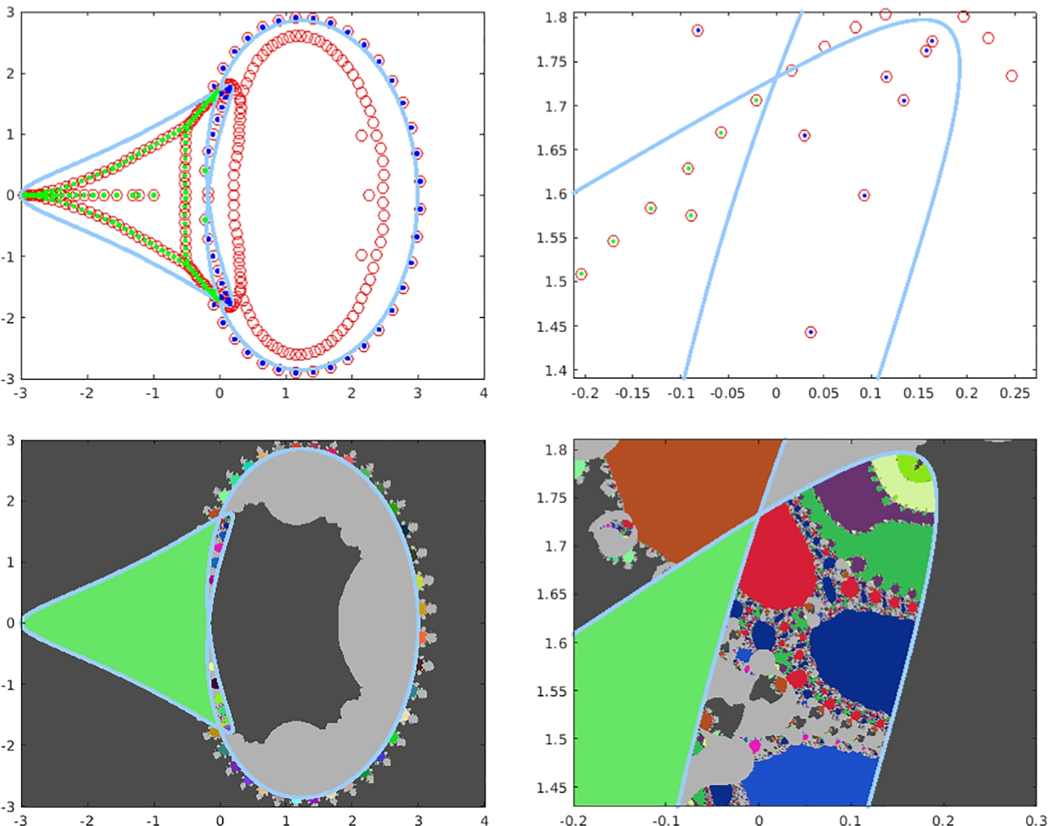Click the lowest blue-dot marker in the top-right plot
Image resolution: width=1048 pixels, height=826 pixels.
click(810, 332)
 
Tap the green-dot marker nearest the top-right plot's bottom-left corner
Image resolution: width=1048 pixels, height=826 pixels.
click(582, 274)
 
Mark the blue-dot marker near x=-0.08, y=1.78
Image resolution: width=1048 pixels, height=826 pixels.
click(698, 31)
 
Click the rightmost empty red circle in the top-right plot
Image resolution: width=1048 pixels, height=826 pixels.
click(1011, 76)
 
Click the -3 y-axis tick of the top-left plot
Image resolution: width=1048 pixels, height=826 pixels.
click(9, 378)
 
